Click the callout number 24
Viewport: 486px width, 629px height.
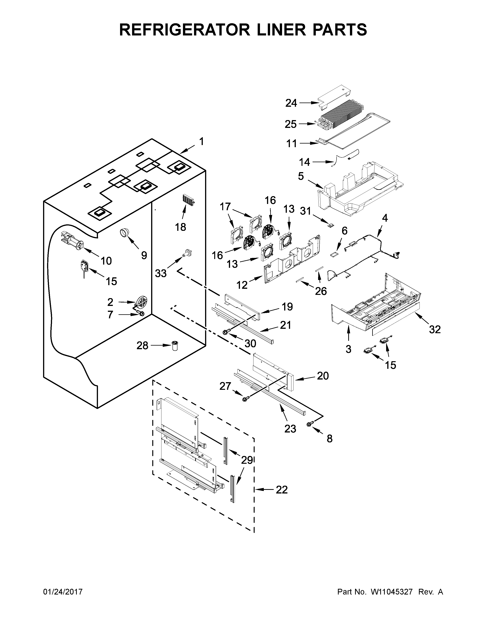coord(291,103)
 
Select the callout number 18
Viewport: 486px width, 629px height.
coord(180,227)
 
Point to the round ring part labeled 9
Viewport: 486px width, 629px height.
coord(125,232)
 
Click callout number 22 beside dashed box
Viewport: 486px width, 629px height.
coord(281,490)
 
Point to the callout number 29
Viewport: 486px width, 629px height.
coord(247,460)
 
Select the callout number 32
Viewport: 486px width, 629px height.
coord(435,330)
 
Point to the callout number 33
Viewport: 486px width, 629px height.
coord(161,273)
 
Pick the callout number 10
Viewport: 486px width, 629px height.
coord(106,261)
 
